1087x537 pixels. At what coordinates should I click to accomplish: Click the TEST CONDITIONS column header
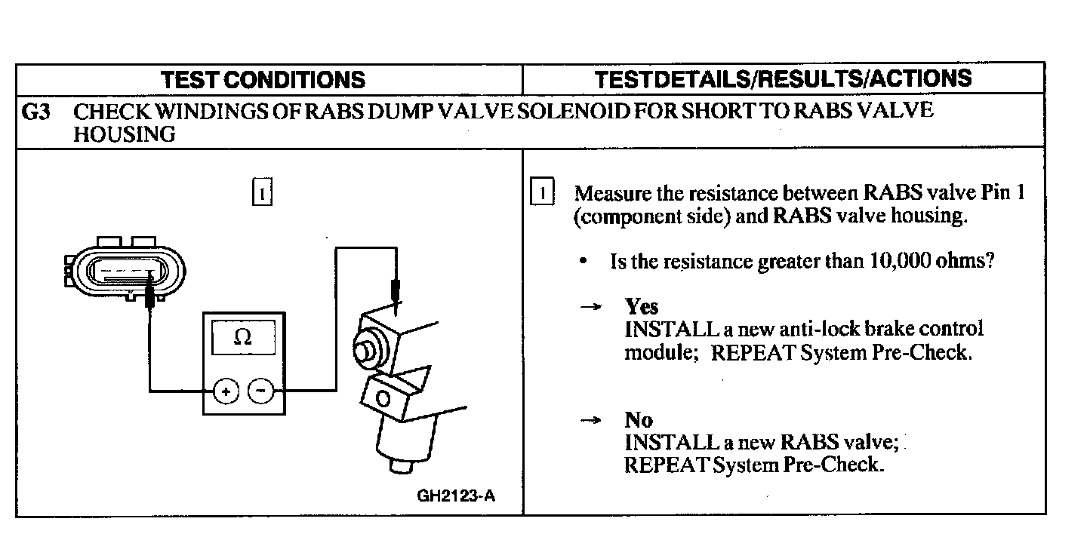click(x=263, y=79)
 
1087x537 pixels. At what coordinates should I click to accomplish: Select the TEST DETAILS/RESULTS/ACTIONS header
click(x=783, y=78)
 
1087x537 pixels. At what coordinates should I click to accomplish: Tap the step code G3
click(x=35, y=112)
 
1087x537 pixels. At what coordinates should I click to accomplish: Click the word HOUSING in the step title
click(x=124, y=134)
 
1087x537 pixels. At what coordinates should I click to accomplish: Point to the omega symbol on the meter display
click(x=242, y=339)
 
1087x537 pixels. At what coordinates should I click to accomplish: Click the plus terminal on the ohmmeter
click(x=226, y=391)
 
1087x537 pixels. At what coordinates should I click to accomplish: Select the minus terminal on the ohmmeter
click(x=260, y=391)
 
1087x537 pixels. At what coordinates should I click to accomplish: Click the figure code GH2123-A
click(x=456, y=496)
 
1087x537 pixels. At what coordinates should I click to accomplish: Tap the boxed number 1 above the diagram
click(x=261, y=192)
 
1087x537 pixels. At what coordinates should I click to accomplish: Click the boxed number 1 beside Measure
click(x=542, y=192)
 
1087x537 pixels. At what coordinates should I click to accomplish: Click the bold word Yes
click(x=642, y=306)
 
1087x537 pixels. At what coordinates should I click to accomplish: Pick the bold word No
click(x=639, y=419)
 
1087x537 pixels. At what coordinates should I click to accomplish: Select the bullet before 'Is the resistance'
click(x=584, y=262)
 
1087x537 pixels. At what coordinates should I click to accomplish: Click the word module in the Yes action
click(x=654, y=352)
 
